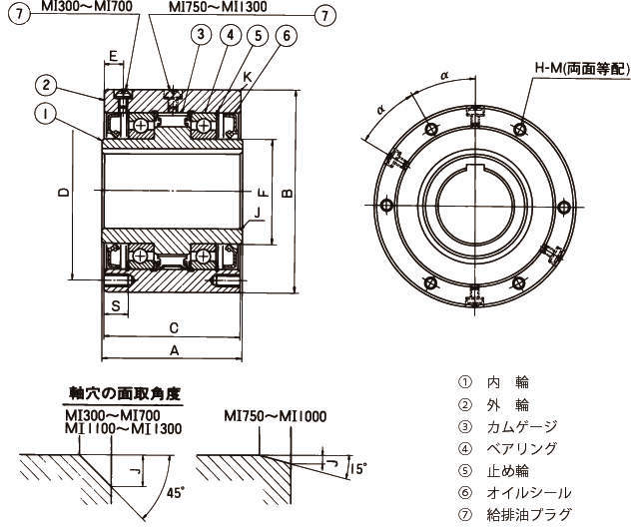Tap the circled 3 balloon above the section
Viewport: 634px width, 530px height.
pyautogui.click(x=201, y=35)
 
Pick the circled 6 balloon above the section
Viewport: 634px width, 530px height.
pyautogui.click(x=287, y=35)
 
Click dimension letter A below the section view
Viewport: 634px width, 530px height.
pyautogui.click(x=174, y=350)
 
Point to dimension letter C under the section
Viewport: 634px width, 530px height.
pyautogui.click(x=173, y=327)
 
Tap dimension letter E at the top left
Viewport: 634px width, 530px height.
pyautogui.click(x=113, y=56)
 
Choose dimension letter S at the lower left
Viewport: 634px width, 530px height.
pyautogui.click(x=116, y=305)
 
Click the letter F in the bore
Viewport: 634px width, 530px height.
pyautogui.click(x=262, y=192)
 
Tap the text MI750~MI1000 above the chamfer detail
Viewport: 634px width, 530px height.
pyautogui.click(x=276, y=416)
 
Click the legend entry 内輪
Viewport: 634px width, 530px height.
pyautogui.click(x=507, y=381)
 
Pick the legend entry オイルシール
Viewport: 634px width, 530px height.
pyautogui.click(x=528, y=492)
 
